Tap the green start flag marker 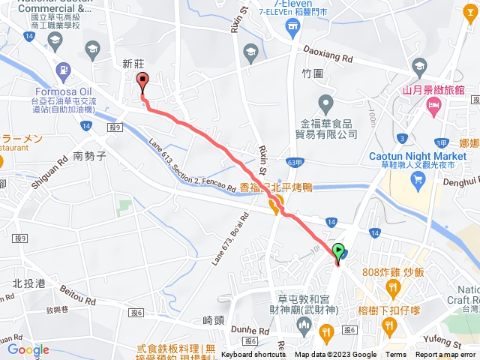[338, 251]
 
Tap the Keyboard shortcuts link [253, 355]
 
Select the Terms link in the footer [396, 355]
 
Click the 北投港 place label [29, 283]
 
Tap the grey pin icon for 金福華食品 [325, 101]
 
